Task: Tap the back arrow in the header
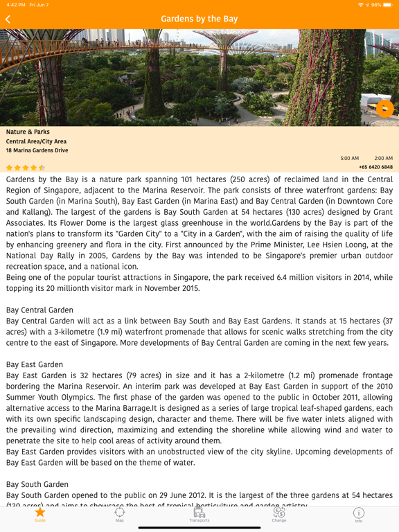tap(8, 19)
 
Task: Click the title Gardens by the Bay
tap(199, 19)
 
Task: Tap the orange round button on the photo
tap(384, 108)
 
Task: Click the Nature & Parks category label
tap(28, 132)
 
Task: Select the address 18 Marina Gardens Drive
tap(37, 150)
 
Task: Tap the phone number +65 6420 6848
tap(375, 167)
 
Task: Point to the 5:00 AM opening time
tap(350, 159)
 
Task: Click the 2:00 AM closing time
tap(383, 159)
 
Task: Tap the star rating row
tap(26, 168)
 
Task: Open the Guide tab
tap(40, 514)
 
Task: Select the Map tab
tap(120, 514)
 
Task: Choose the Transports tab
tap(199, 514)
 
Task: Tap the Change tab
tap(279, 514)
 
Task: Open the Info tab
tap(359, 514)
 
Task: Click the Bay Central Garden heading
tap(39, 310)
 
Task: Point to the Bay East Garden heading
tap(35, 364)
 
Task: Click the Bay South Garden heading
tap(37, 484)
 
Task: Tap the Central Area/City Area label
tap(37, 141)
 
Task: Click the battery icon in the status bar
tap(387, 5)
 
